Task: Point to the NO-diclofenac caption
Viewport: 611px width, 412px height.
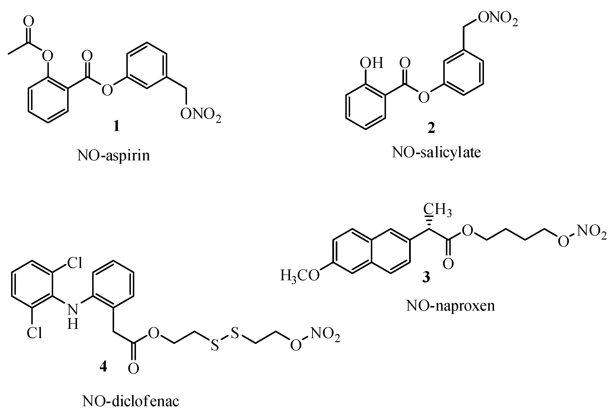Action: [130, 401]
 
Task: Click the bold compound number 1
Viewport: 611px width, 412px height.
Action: [116, 126]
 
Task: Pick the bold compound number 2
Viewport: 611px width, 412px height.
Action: [431, 128]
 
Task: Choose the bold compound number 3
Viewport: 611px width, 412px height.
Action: [426, 277]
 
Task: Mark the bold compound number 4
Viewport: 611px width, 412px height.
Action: [103, 366]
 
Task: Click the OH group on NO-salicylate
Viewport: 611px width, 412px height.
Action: [371, 63]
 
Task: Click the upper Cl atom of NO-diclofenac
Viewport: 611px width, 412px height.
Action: [75, 263]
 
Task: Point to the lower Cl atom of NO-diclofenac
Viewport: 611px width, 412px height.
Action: [34, 333]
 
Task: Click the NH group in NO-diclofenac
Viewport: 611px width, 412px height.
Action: [73, 317]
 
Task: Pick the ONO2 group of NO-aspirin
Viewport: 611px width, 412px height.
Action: [201, 115]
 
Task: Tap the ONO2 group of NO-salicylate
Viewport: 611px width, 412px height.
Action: [498, 19]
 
